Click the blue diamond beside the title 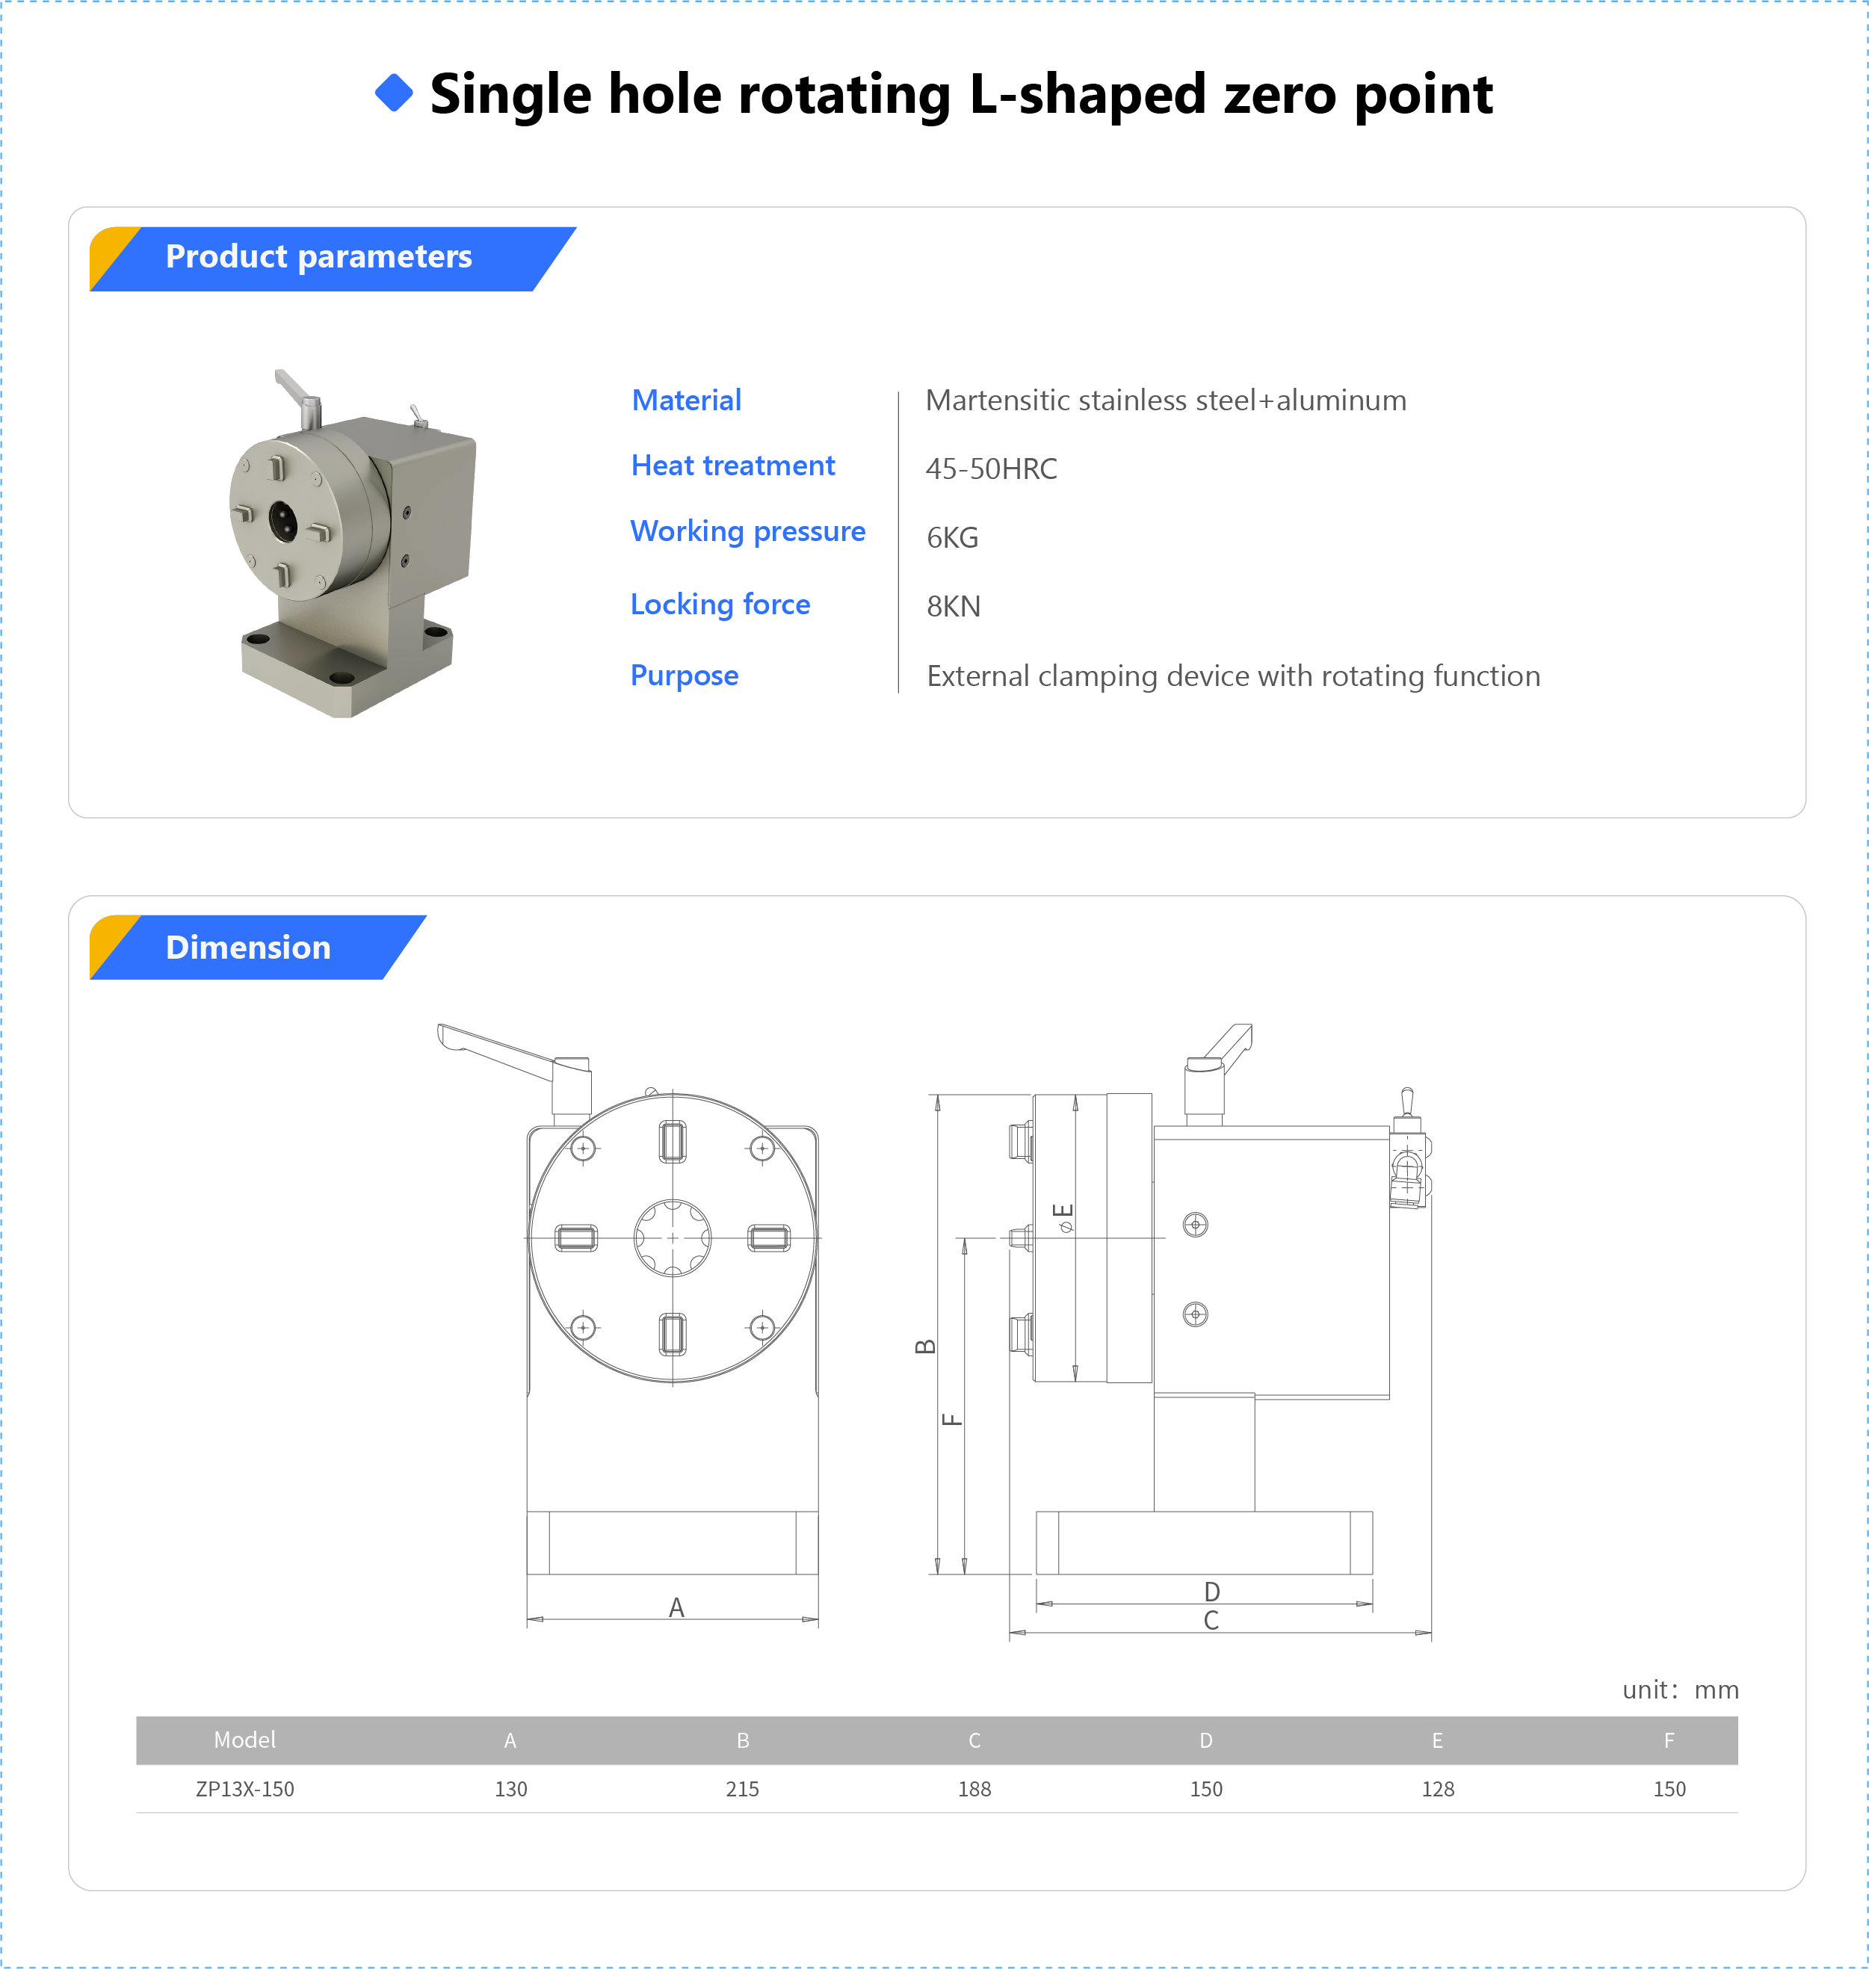pos(394,93)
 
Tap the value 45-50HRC pos(990,469)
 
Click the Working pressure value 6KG pos(951,538)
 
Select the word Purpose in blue pos(684,676)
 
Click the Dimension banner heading pos(247,948)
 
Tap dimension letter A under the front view pos(676,1607)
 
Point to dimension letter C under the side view pos(1211,1621)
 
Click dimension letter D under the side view pos(1211,1592)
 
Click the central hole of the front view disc pos(673,1238)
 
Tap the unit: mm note pos(1680,1690)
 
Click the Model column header pos(244,1740)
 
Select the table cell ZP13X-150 pos(244,1789)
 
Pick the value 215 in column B pos(741,1789)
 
